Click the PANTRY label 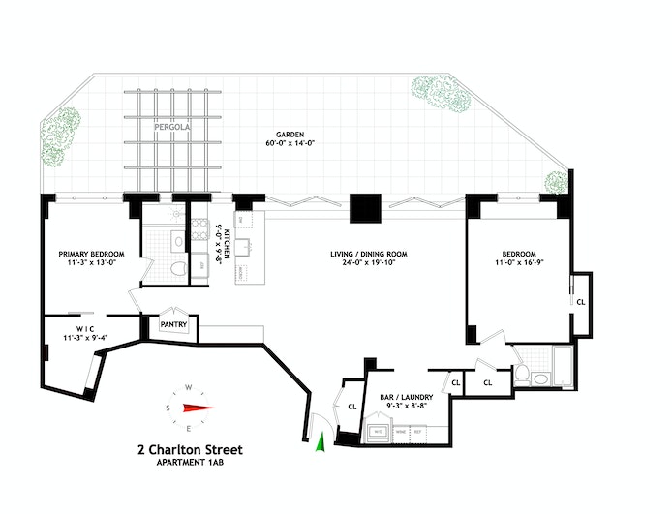coord(173,324)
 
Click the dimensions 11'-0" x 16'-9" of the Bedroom coord(514,262)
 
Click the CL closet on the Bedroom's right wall coord(580,301)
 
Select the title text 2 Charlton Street coord(190,449)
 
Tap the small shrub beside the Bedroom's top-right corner coord(556,181)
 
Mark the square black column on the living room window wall coord(366,208)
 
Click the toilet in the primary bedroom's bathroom coord(178,268)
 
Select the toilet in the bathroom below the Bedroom coord(522,372)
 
